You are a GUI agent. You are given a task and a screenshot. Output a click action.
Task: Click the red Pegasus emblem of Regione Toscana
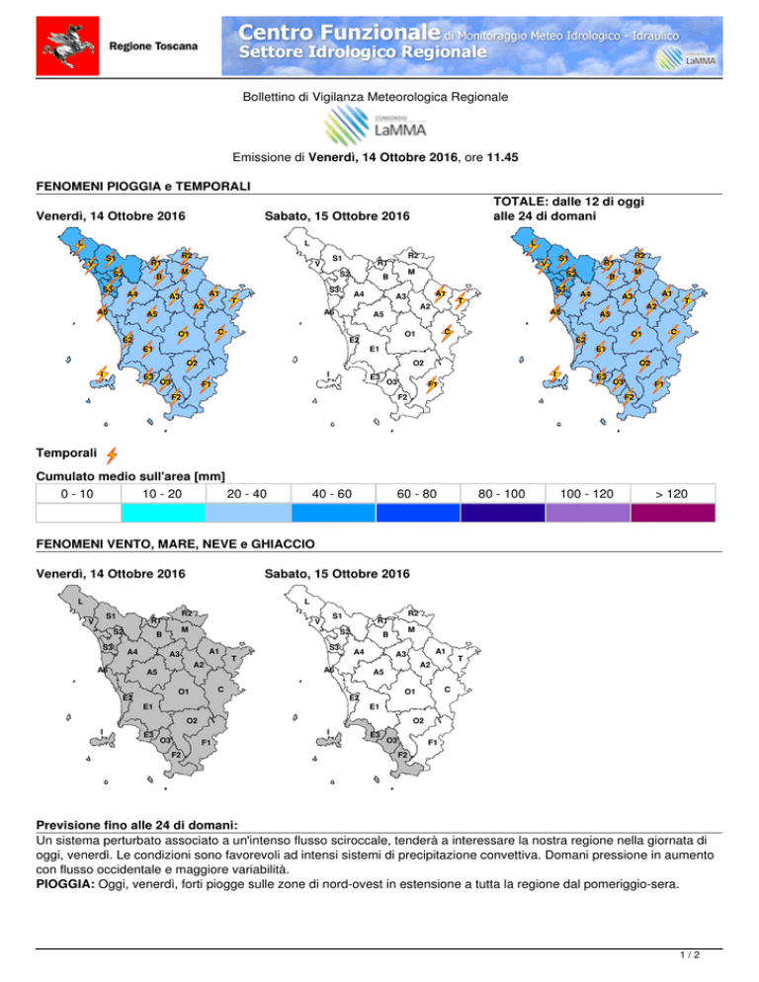67,45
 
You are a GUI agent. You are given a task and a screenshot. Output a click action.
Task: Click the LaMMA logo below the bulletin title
376,125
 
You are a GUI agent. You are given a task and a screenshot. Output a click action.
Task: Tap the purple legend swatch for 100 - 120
587,513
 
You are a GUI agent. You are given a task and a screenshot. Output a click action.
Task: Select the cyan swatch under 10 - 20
163,513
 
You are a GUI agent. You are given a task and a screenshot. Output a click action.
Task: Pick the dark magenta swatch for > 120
672,513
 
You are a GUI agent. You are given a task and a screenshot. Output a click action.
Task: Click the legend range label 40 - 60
331,494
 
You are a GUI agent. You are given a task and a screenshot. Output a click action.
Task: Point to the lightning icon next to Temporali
112,454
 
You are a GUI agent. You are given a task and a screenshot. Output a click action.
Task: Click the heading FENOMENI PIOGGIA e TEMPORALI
143,186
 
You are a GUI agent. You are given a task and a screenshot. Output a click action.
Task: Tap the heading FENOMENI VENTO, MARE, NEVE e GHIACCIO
176,543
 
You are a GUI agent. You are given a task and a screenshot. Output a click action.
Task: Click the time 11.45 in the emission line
503,157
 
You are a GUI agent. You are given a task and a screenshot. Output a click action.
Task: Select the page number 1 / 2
690,954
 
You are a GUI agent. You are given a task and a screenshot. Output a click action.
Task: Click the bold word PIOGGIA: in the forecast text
65,884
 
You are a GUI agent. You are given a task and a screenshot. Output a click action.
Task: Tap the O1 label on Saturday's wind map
409,692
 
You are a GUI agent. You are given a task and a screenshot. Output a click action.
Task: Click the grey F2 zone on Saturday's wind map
407,761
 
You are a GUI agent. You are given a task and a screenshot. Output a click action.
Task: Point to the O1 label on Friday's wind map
183,692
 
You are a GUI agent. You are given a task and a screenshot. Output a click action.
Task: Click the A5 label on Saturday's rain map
378,314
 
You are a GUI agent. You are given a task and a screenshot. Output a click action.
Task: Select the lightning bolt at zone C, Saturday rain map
447,333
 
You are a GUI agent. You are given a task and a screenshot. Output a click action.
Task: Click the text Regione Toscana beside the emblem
153,46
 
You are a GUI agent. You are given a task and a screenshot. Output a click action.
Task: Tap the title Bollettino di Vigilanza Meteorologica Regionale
376,97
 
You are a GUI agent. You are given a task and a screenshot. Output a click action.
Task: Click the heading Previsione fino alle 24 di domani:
136,825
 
